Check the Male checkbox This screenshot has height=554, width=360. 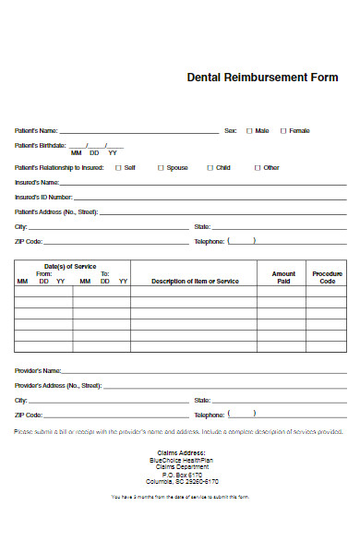point(249,131)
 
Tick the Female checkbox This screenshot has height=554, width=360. point(283,131)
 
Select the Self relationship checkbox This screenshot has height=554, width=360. point(117,168)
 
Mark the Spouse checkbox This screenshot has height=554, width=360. point(161,168)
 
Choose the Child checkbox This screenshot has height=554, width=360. point(210,168)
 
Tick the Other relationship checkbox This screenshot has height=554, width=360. point(258,168)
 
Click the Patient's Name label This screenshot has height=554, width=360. point(36,131)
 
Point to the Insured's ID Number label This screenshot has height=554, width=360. point(43,197)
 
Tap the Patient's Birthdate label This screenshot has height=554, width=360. point(41,146)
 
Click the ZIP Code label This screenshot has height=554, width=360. point(29,241)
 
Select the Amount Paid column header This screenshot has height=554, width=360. point(283,277)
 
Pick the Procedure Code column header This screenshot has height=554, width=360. point(328,277)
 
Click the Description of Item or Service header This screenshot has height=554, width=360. point(195,281)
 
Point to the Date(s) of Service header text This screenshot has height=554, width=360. point(71,266)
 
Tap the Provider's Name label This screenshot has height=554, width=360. point(38,370)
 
